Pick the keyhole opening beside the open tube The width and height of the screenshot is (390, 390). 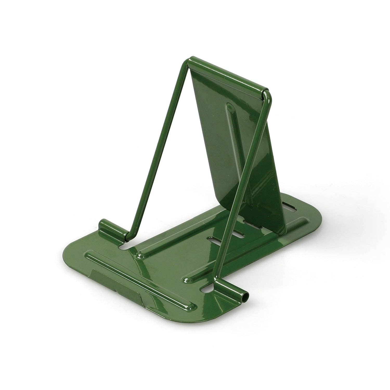click(x=207, y=289)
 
